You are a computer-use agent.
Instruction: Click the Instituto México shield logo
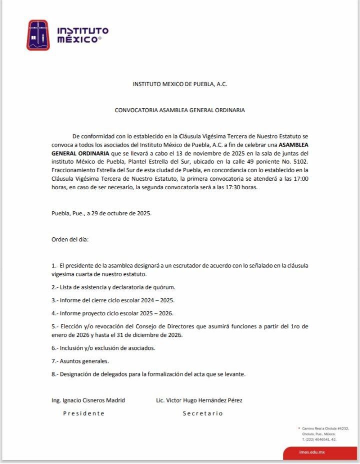point(38,35)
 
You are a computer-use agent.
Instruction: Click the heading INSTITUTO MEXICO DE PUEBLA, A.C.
point(179,84)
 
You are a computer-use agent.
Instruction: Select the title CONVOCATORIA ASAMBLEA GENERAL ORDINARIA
point(179,110)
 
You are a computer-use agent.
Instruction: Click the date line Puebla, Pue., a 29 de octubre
point(101,213)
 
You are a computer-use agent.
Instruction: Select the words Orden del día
point(70,239)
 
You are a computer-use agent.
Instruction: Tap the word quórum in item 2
point(164,287)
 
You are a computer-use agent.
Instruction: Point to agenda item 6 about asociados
point(103,348)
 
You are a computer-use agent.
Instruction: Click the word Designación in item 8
point(78,374)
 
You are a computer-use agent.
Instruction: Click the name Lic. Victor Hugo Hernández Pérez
point(199,400)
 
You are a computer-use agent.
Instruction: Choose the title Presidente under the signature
point(83,413)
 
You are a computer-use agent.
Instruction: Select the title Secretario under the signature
point(202,413)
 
